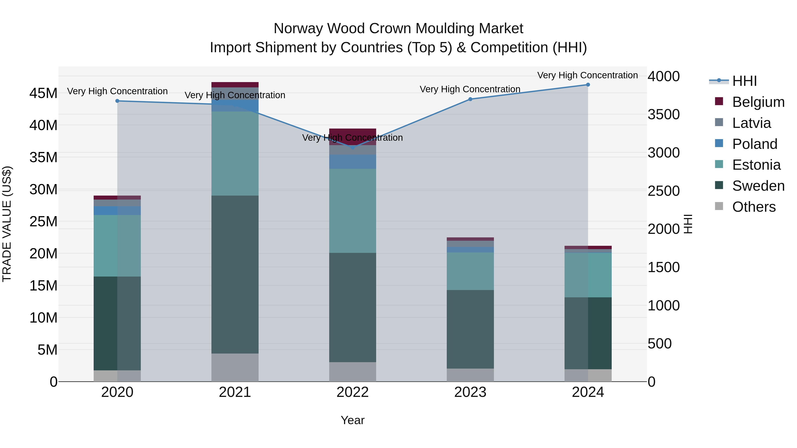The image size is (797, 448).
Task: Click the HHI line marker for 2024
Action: click(588, 85)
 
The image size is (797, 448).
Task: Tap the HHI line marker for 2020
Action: click(117, 101)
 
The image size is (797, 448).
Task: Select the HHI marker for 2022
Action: click(353, 148)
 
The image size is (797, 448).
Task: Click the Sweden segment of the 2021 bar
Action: click(235, 275)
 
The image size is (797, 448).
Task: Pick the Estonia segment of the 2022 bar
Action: click(353, 211)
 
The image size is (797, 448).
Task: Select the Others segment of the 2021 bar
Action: click(235, 367)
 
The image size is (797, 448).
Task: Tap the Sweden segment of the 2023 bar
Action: click(470, 329)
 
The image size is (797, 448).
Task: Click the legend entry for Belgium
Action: click(758, 102)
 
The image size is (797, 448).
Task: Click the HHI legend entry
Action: click(744, 81)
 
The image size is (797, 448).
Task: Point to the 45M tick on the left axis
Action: click(43, 93)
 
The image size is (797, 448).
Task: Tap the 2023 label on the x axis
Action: click(470, 392)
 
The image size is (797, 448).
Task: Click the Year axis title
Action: click(352, 420)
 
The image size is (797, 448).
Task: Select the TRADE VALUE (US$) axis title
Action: click(7, 224)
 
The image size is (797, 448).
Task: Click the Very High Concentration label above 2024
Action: click(587, 75)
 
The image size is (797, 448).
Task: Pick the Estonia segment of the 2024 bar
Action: click(588, 275)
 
